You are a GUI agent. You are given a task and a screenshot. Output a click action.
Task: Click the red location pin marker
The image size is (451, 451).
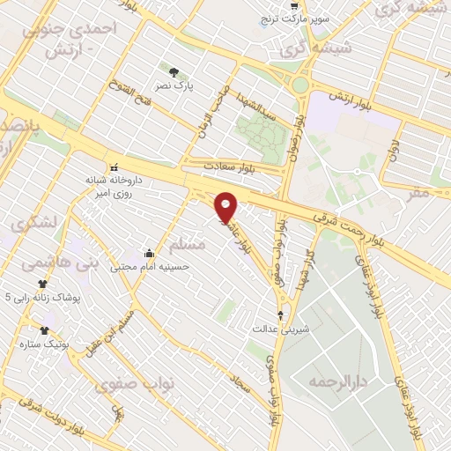point(226,207)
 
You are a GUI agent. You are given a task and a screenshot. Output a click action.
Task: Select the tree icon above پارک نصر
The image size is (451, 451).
point(174,71)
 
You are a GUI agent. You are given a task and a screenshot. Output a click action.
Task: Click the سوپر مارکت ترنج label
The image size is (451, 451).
point(299,18)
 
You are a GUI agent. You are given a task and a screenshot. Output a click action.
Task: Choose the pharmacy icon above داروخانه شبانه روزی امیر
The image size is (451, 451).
point(113,166)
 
